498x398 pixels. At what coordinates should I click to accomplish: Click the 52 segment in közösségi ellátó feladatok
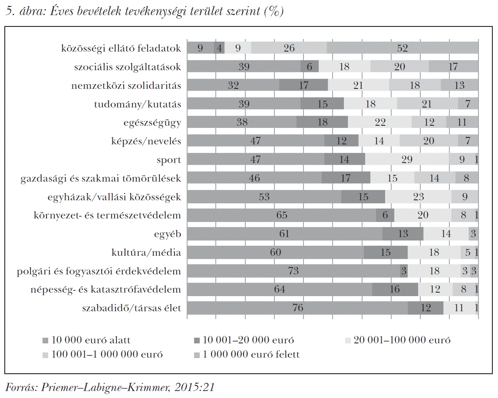[x=402, y=48]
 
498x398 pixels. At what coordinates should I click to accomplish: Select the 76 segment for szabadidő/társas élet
[x=297, y=308]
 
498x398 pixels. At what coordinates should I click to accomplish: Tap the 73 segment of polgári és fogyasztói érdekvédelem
[x=294, y=271]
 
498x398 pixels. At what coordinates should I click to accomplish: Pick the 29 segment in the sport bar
[x=407, y=160]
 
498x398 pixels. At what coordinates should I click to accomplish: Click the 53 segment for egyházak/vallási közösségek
[x=264, y=197]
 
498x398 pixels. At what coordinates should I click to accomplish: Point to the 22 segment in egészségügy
[x=380, y=122]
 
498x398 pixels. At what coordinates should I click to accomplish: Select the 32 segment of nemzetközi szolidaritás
[x=233, y=85]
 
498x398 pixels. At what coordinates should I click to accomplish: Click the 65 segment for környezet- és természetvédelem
[x=281, y=215]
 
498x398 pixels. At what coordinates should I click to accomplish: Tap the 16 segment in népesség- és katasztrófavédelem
[x=395, y=289]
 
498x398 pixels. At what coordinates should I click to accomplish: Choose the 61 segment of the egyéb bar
[x=284, y=234]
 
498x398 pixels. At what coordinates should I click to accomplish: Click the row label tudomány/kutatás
[x=137, y=104]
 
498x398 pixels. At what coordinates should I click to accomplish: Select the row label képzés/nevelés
[x=146, y=141]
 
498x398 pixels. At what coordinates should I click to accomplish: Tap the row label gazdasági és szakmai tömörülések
[x=101, y=178]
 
